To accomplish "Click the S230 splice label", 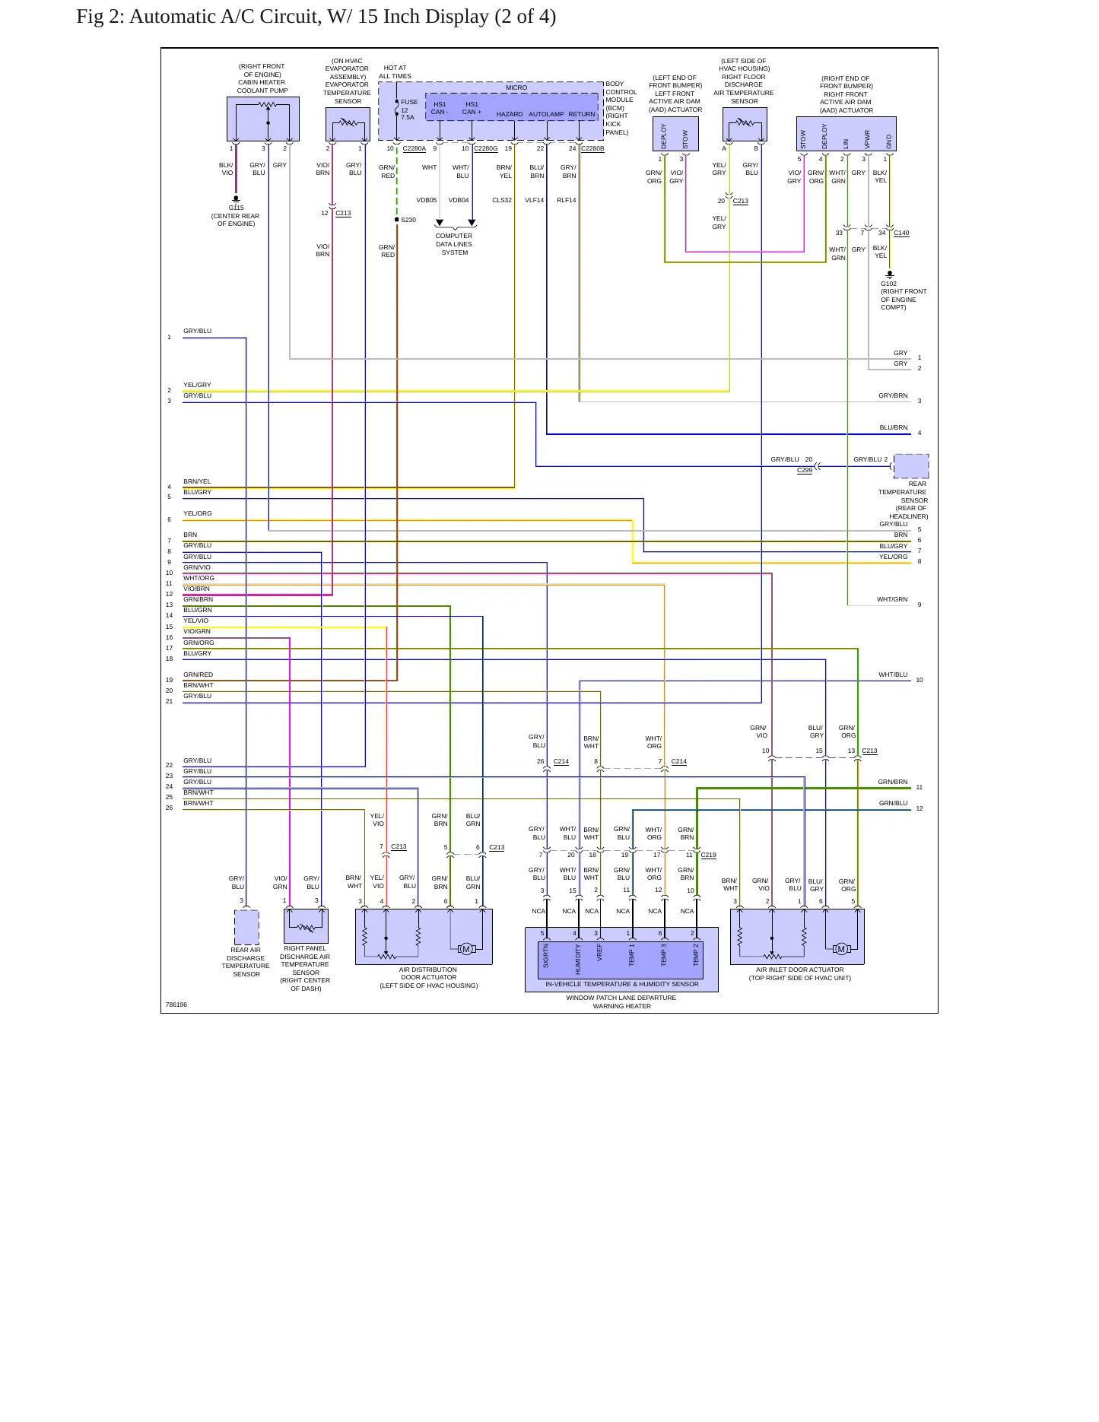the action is point(408,220).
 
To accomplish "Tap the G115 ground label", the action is point(237,208).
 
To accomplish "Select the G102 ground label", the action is point(888,284).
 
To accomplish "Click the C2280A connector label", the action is point(415,148).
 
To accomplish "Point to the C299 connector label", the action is point(805,470).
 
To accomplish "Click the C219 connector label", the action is point(708,855).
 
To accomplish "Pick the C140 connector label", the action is point(901,233).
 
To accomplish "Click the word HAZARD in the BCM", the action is point(510,114).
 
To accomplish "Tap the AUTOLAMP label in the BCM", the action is point(546,114).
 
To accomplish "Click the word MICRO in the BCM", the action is point(516,87).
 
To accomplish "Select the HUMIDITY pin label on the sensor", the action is point(578,959).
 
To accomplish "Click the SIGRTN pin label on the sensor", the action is point(546,956).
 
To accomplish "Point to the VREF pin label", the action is point(599,953).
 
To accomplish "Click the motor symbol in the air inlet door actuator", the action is point(840,948).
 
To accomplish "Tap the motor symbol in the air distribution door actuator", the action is point(466,948).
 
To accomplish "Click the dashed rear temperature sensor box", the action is point(911,466).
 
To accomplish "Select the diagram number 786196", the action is point(176,1005).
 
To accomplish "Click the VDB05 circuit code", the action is point(427,200).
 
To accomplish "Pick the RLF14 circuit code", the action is point(567,200).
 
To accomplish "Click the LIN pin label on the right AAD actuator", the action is point(846,143).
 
